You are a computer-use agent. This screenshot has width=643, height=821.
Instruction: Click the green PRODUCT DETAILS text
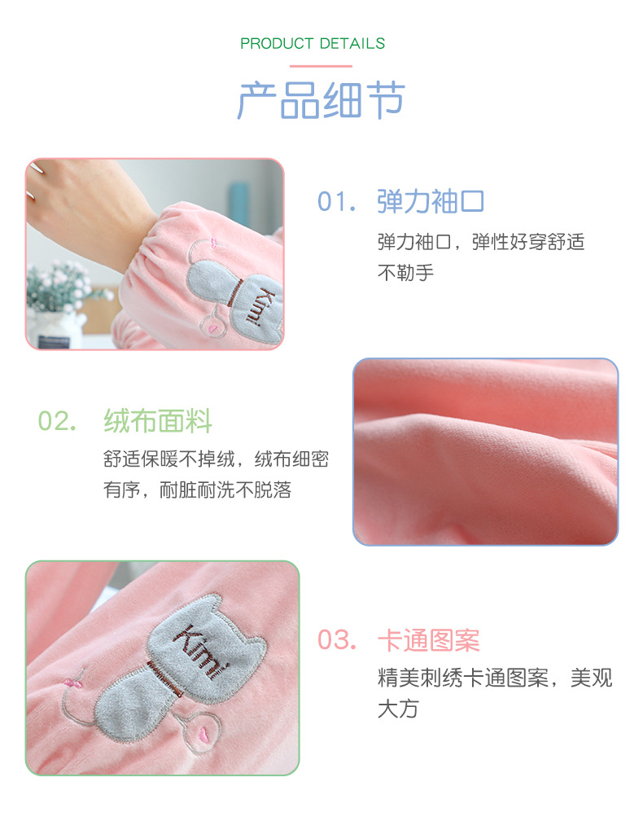313,44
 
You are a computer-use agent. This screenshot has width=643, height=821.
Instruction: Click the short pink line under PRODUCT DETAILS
321,66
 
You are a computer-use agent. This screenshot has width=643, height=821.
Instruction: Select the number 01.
336,202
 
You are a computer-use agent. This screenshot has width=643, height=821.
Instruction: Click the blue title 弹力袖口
431,202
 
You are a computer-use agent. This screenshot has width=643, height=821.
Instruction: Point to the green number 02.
58,422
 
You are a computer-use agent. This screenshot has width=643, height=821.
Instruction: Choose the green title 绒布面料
158,422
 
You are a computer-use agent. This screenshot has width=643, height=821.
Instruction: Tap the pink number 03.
336,640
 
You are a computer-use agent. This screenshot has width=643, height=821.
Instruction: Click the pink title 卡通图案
429,640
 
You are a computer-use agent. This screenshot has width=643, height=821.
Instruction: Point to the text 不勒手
405,273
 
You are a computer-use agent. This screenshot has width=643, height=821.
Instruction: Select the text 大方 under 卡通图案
398,709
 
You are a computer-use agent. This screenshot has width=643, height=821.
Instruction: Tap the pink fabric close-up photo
485,452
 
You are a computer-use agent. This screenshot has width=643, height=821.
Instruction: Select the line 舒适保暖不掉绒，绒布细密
216,459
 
